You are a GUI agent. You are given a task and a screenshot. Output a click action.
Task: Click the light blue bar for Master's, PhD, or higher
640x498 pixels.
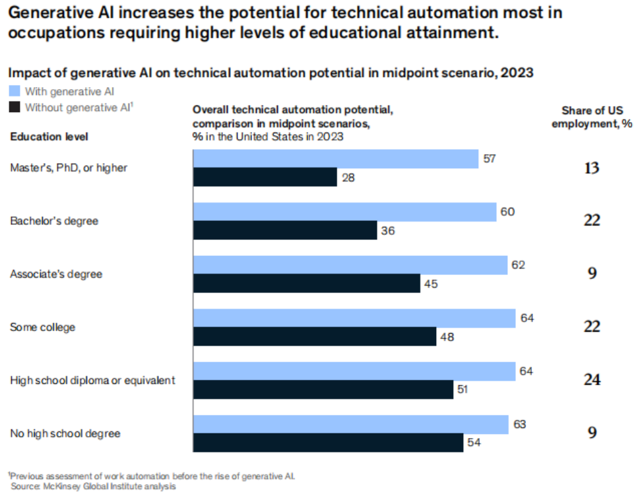335,159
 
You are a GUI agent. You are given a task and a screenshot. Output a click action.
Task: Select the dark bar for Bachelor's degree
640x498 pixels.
285,230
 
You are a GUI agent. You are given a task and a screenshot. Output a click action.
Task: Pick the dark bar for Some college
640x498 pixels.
314,337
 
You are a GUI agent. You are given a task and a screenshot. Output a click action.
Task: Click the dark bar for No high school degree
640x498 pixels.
328,443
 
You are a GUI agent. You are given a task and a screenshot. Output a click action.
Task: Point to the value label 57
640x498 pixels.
489,159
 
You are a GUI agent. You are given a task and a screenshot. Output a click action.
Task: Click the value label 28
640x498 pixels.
348,177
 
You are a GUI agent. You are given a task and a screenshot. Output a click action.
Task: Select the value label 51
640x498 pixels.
464,390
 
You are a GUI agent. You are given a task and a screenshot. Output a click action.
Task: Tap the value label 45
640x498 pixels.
431,284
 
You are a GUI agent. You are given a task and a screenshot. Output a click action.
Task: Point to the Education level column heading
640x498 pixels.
49,137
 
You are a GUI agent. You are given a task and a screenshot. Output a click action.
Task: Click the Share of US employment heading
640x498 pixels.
592,117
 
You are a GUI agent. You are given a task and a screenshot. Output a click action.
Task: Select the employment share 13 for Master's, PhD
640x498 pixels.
591,168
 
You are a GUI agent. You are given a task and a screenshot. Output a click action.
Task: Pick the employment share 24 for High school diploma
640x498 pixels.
591,380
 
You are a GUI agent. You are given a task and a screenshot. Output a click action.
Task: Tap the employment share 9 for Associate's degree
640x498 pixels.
592,274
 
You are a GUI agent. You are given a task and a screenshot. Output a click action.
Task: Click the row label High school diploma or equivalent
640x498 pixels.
92,381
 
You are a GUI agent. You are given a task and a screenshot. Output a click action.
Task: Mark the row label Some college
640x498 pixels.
42,327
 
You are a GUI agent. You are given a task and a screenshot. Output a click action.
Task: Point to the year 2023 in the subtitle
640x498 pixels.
518,74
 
